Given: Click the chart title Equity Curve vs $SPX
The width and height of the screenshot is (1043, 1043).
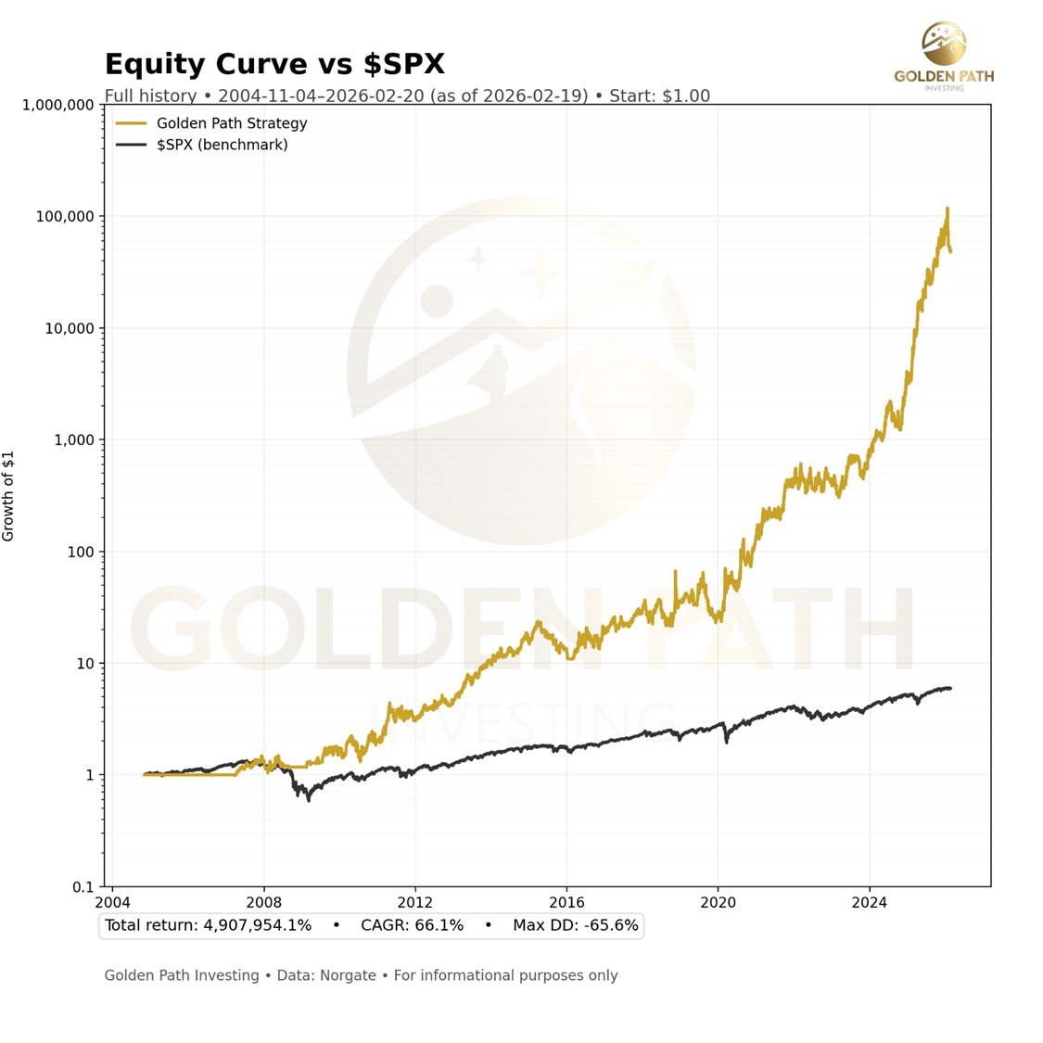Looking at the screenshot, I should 274,64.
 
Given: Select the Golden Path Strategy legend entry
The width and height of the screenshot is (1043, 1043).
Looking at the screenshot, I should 231,123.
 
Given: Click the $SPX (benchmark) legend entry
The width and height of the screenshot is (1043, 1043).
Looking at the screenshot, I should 222,145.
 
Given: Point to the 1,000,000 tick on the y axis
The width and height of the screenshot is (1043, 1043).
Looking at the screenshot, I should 57,105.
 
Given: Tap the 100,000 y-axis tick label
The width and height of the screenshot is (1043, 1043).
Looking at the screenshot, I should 66,217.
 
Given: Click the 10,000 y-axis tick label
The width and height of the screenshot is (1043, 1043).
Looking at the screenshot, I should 70,329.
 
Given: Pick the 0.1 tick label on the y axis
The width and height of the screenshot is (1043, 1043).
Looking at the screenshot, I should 84,887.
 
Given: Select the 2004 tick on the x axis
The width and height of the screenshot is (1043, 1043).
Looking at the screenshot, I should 112,902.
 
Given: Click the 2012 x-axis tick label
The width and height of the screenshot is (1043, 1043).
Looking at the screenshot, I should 415,902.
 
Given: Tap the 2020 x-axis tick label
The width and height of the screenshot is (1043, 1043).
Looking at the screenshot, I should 718,902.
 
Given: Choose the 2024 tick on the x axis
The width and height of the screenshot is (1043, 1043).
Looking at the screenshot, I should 870,902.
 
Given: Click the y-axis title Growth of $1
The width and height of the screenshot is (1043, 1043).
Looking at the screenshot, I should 9,496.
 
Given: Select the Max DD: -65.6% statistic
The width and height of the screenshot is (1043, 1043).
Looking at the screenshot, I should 575,925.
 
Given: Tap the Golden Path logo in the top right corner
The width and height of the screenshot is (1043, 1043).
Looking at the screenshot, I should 944,56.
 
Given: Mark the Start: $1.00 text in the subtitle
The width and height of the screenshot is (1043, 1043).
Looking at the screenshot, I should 659,95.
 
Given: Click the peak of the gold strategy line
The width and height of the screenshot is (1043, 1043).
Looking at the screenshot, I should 947,209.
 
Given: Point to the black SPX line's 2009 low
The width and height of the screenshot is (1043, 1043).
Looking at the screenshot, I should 309,799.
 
